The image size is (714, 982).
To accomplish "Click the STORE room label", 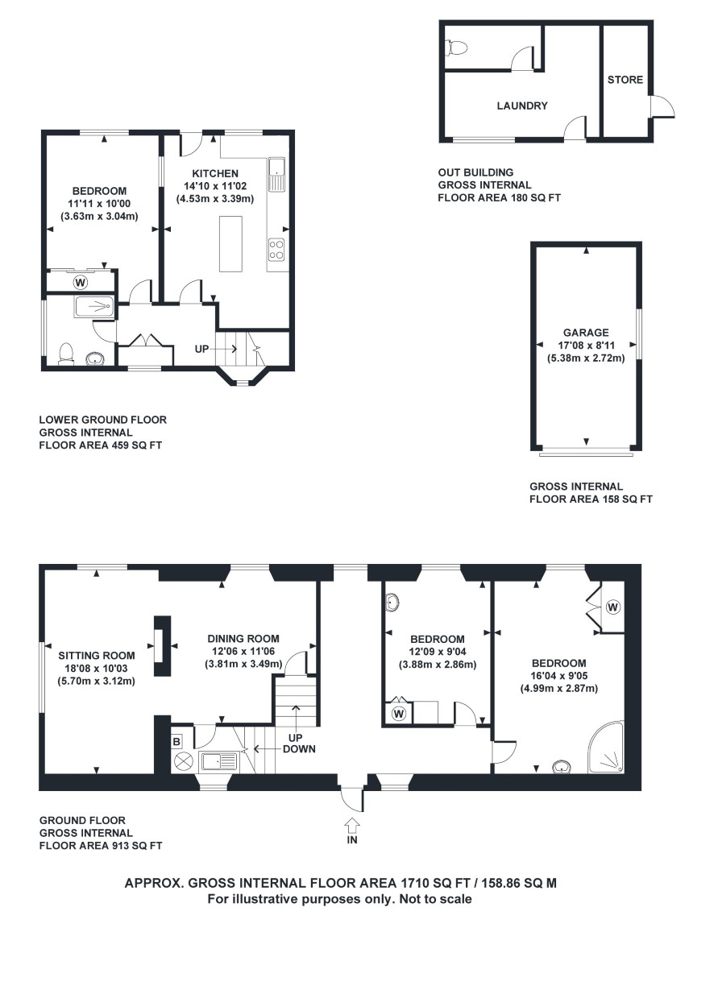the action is tap(625, 80).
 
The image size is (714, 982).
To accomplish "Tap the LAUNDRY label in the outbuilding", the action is tap(522, 106).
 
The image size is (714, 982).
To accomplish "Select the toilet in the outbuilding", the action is tap(456, 48).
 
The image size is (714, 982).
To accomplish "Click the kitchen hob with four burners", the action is tap(276, 249).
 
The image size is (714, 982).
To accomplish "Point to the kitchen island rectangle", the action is tap(230, 244).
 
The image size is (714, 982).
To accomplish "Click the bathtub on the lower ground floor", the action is tap(94, 307).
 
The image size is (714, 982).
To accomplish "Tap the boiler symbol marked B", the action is tap(176, 742).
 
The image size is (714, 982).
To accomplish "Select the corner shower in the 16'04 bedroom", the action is tap(606, 748).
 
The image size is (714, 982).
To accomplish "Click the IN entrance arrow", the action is tap(352, 826).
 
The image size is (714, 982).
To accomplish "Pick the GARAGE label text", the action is tap(586, 333).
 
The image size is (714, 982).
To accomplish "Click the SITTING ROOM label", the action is tap(97, 656).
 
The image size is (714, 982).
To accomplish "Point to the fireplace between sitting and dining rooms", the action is tap(162, 646).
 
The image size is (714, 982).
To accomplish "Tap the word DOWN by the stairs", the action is tap(299, 748).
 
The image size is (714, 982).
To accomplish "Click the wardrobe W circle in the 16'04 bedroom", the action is tap(612, 607).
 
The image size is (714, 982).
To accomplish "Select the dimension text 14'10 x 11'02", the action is tap(215, 186).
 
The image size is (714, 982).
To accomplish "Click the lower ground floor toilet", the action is tap(66, 354).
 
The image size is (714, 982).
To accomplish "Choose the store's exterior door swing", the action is tap(662, 106).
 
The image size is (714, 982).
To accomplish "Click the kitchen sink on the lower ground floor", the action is tap(277, 175).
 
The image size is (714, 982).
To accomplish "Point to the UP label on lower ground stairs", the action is tap(201, 350).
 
